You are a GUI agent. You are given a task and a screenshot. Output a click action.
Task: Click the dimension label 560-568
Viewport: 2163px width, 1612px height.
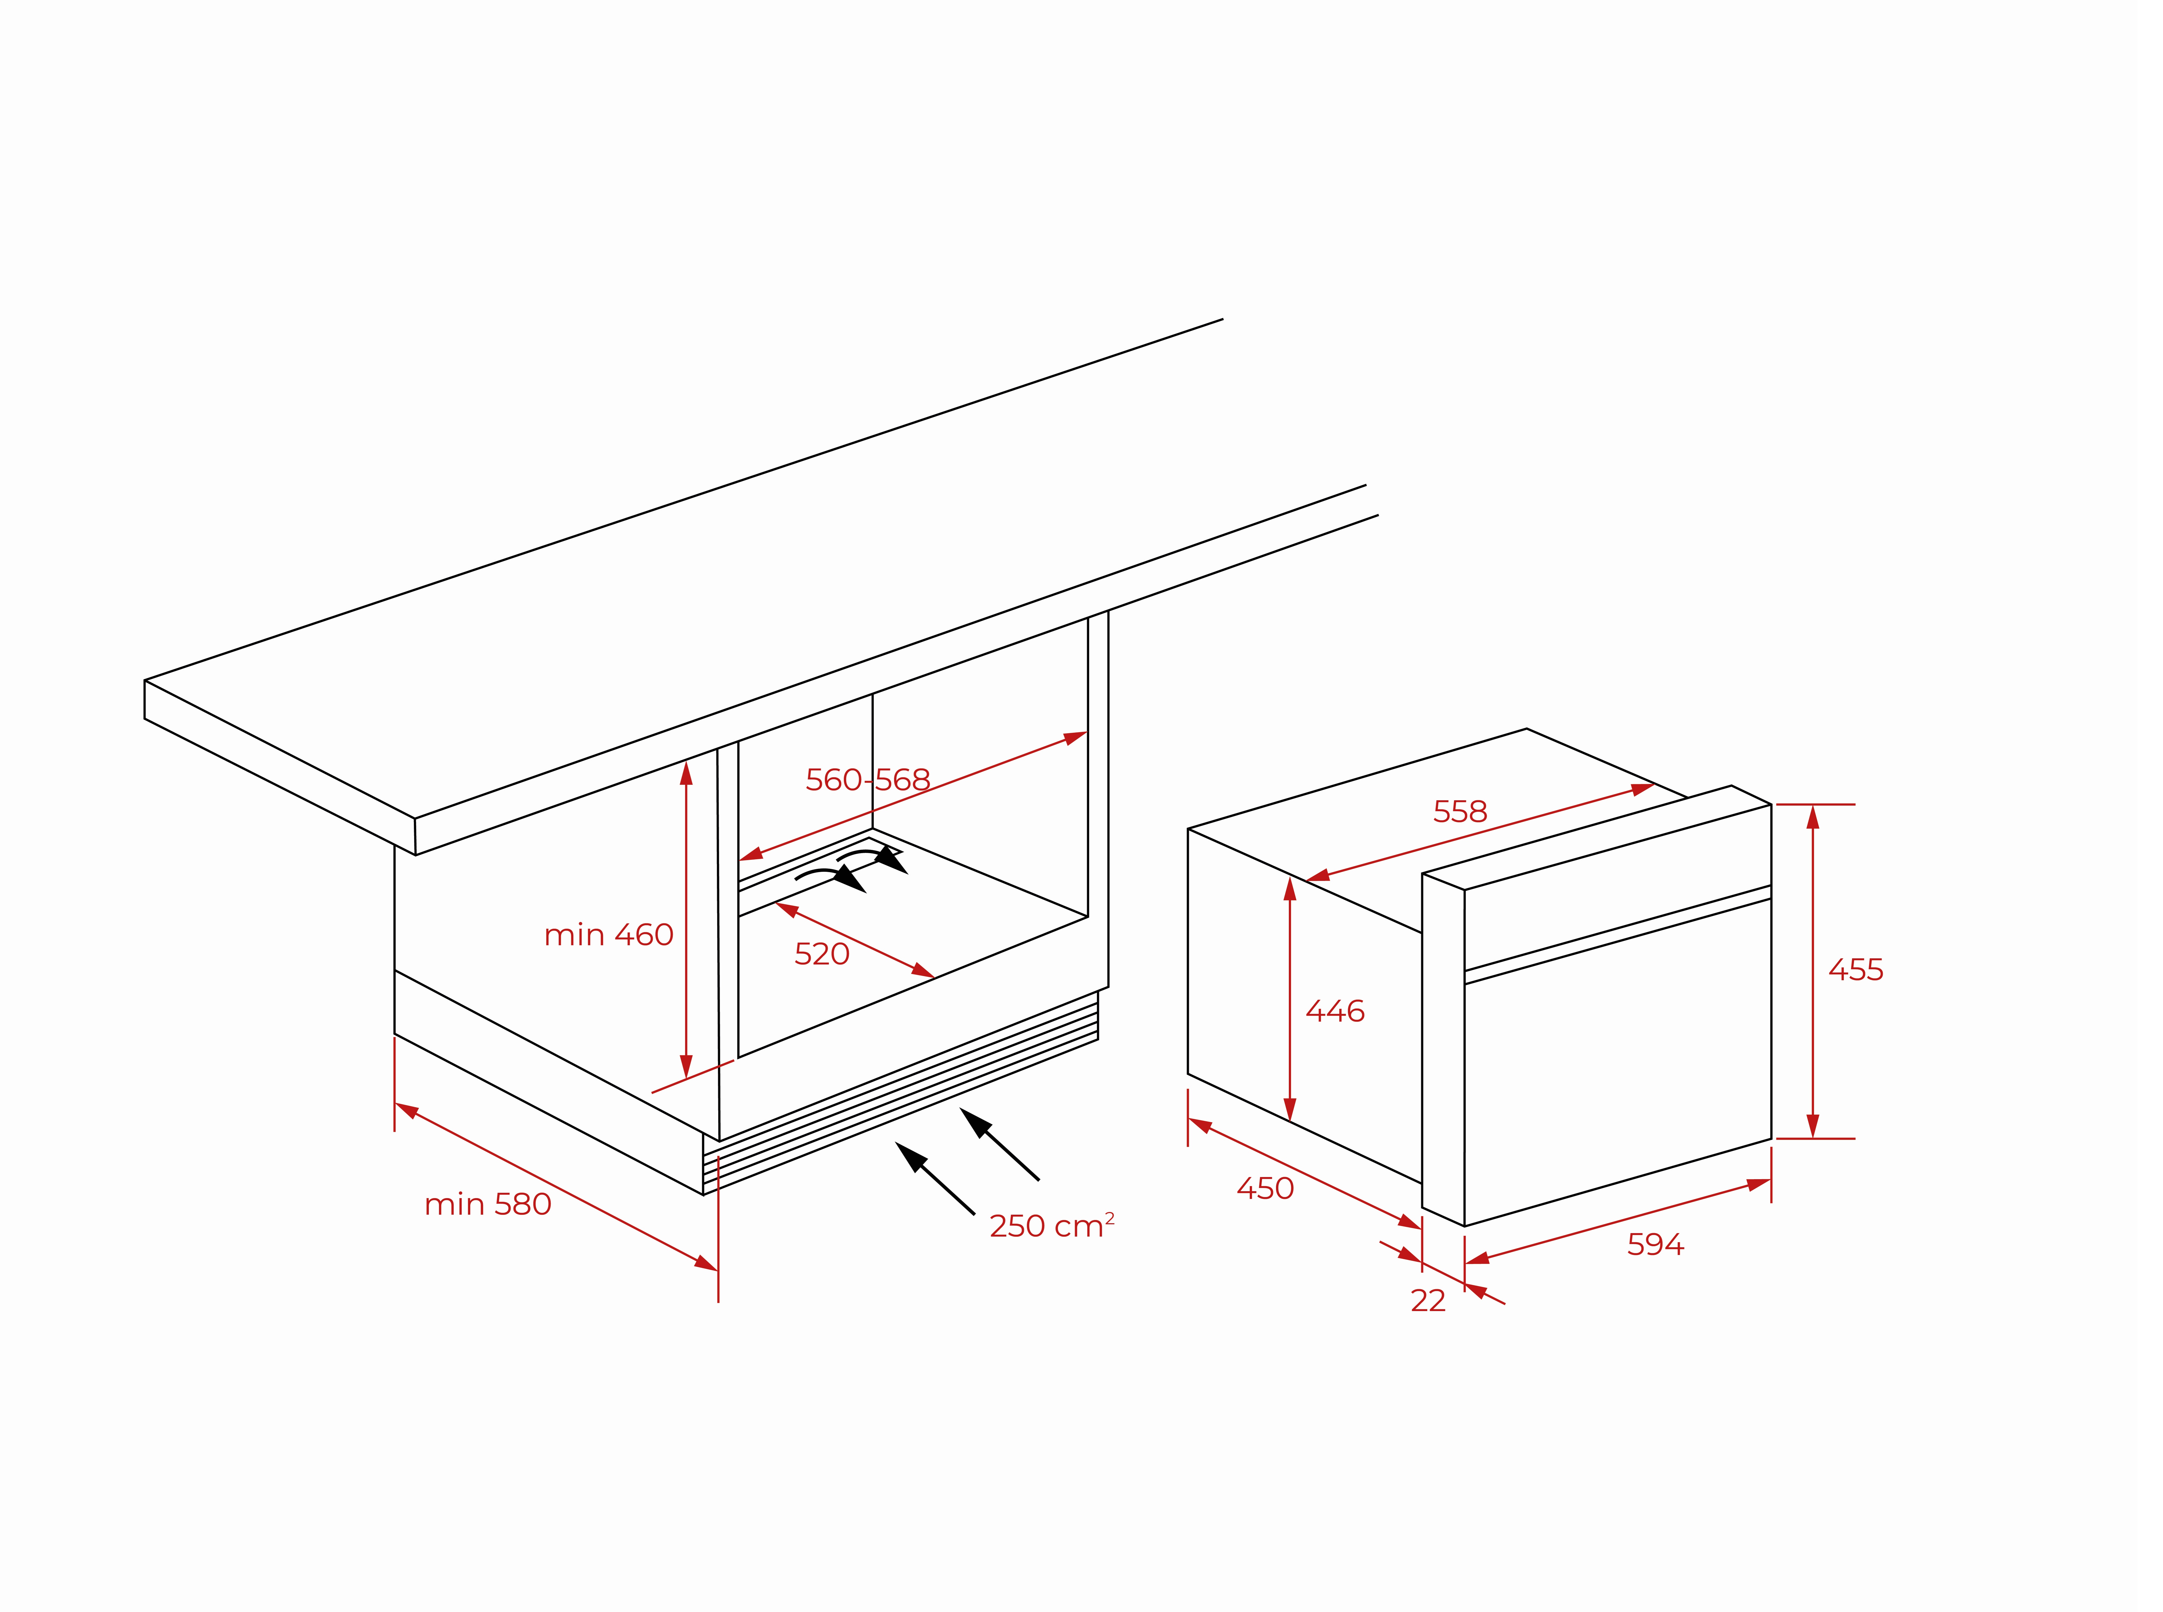tap(868, 780)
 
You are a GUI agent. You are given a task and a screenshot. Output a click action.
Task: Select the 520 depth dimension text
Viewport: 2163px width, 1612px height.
tap(822, 953)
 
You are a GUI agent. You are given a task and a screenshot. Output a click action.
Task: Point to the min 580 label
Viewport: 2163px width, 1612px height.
tap(488, 1204)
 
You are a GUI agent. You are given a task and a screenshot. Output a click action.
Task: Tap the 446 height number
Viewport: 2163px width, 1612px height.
tap(1335, 1011)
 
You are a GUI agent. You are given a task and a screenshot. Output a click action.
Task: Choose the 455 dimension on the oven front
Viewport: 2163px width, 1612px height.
tap(1855, 970)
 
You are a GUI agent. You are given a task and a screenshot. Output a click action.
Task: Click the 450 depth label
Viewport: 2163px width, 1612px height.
tap(1265, 1189)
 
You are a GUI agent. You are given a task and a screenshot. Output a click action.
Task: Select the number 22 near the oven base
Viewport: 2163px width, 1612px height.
tap(1428, 1301)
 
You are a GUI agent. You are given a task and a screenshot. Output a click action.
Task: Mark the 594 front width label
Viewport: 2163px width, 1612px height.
tap(1655, 1244)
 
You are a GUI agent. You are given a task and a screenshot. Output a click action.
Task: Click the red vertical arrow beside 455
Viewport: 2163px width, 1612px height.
tap(1812, 972)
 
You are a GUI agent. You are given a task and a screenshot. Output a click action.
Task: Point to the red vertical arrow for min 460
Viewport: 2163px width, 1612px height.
tap(686, 919)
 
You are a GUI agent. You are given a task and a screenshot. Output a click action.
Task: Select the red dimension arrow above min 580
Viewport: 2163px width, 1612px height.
tap(556, 1187)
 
